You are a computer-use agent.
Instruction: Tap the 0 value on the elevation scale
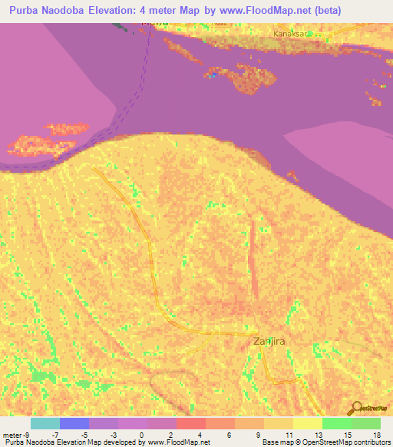pyautogui.click(x=142, y=434)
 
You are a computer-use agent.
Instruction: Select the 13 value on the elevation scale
pyautogui.click(x=317, y=434)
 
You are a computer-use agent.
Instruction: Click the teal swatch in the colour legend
pyautogui.click(x=45, y=423)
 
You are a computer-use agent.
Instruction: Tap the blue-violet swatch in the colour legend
pyautogui.click(x=74, y=423)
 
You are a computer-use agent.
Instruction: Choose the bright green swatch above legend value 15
pyautogui.click(x=336, y=423)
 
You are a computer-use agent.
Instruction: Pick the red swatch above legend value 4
pyautogui.click(x=190, y=423)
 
